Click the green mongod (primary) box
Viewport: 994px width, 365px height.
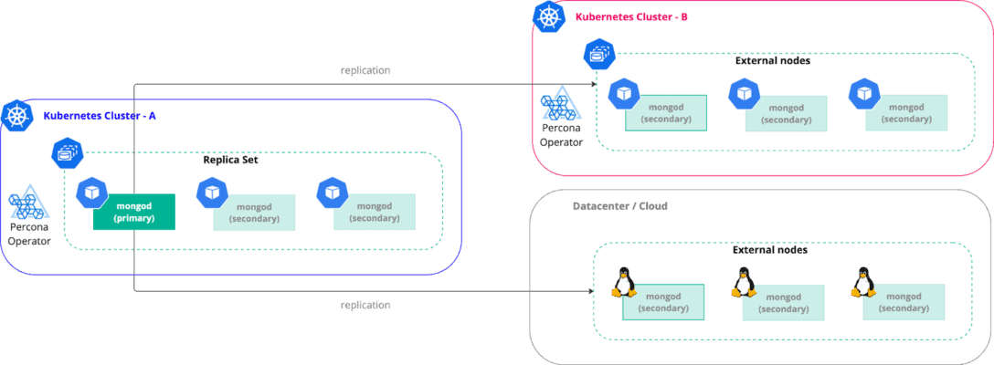[133, 213]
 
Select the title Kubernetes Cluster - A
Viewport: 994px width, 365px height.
[100, 116]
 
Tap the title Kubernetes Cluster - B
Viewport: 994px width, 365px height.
[631, 16]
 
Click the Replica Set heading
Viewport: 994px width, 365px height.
[230, 160]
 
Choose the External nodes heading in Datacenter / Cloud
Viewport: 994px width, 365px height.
[770, 249]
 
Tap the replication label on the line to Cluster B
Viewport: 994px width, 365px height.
[365, 70]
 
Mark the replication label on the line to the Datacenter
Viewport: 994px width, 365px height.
[365, 305]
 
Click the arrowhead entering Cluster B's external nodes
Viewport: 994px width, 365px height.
[595, 85]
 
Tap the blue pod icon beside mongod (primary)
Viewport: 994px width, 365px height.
[91, 193]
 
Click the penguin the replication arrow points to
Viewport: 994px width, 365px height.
[625, 282]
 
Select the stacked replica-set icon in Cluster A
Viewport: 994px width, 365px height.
[66, 151]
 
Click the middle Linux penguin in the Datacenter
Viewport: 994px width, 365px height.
[744, 283]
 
